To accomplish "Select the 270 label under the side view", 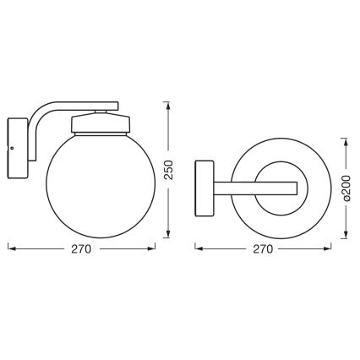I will (80, 250).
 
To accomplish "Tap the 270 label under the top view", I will (263, 250).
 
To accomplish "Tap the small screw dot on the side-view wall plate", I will (12, 149).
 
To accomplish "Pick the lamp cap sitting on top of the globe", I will (100, 123).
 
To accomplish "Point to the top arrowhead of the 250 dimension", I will (170, 103).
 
